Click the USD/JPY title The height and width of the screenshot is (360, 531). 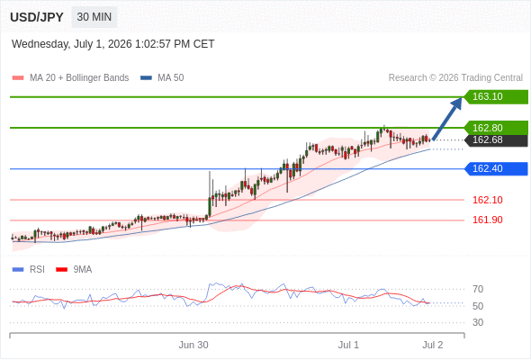[37, 17]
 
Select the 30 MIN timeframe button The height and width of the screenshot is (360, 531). [94, 17]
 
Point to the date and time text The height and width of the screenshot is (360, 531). [112, 44]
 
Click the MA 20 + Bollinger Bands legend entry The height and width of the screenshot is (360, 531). [70, 78]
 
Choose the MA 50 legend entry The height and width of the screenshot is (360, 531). [162, 78]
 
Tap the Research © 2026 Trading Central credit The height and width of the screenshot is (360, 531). [455, 78]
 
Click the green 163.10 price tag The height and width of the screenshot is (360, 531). [495, 97]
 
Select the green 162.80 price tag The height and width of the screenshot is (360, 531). [495, 128]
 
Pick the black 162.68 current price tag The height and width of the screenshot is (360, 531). [495, 139]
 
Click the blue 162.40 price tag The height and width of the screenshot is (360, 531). [495, 168]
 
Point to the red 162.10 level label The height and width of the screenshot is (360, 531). [487, 200]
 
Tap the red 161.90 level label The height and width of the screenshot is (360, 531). [487, 220]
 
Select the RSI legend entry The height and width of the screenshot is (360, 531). [29, 270]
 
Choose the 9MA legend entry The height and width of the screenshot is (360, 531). [74, 270]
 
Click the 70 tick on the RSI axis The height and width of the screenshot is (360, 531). [478, 289]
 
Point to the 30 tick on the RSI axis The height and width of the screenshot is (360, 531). [478, 322]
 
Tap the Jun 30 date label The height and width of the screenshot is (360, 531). [193, 345]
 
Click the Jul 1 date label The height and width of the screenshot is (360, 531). [348, 345]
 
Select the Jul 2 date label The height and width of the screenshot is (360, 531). [433, 345]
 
